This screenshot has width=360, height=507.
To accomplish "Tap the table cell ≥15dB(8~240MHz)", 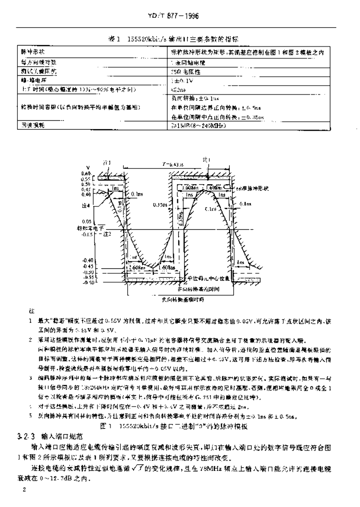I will (x=198, y=126).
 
